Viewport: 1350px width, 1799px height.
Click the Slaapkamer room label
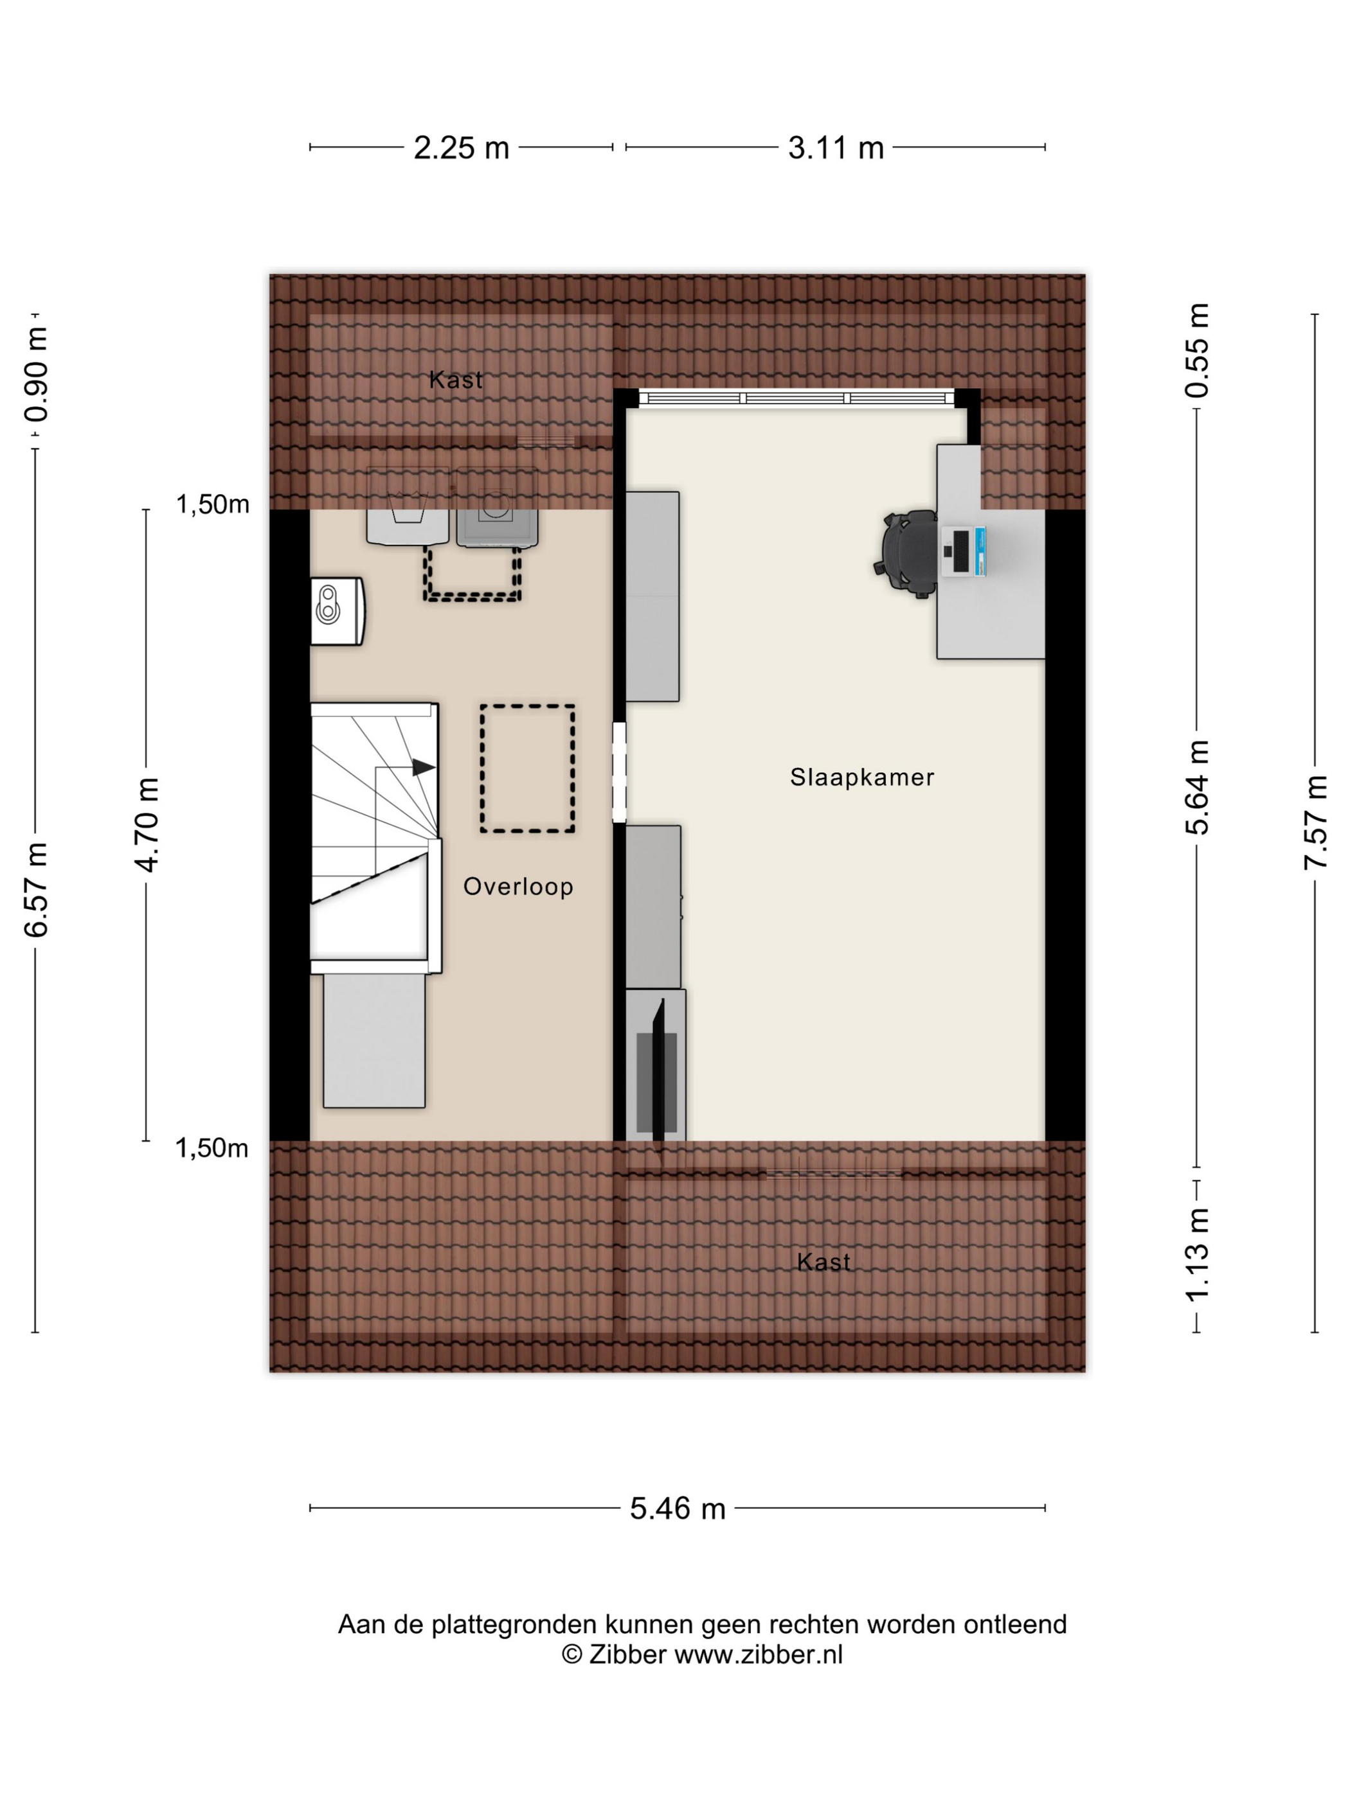click(x=862, y=777)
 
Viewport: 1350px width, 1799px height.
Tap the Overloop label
click(x=518, y=887)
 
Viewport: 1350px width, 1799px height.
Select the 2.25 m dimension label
click(x=462, y=148)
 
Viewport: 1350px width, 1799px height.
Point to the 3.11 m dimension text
click(x=836, y=148)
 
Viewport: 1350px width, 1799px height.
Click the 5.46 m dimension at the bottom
click(x=678, y=1509)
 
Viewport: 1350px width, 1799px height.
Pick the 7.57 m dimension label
click(x=1316, y=822)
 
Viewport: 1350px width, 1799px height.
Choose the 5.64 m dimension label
click(x=1197, y=787)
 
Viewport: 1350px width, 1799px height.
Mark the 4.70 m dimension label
click(x=147, y=825)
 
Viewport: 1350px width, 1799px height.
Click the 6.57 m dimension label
click(x=36, y=890)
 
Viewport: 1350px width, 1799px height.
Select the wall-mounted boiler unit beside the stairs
click(x=337, y=611)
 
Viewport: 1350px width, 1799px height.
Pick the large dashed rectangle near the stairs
click(x=527, y=768)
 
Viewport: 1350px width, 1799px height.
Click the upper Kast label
click(x=456, y=380)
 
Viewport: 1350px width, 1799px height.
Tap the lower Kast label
click(x=824, y=1263)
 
